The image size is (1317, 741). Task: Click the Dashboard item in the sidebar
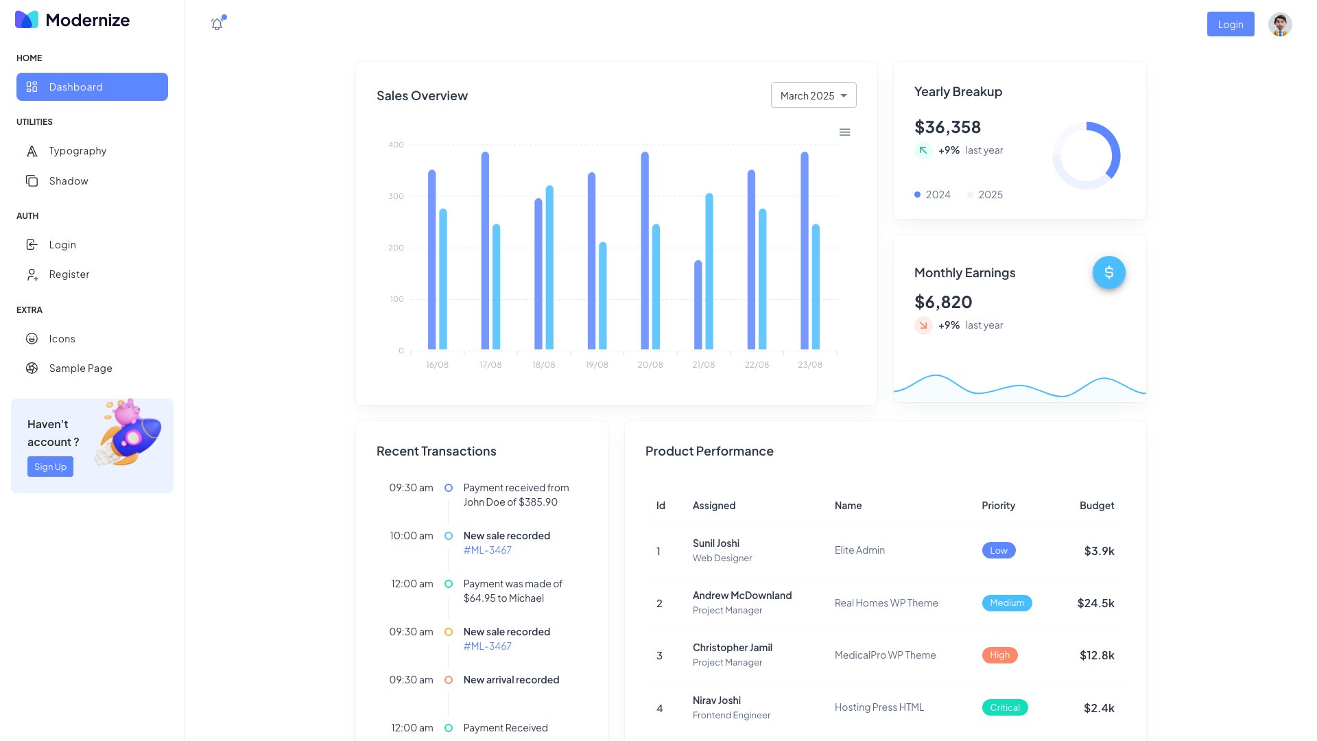(x=92, y=87)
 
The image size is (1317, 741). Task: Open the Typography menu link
(x=78, y=151)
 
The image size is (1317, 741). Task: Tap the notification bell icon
(x=217, y=25)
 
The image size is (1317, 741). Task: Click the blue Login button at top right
(x=1230, y=25)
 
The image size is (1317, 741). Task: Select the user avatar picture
(x=1279, y=25)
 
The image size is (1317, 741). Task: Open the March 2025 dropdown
(x=813, y=95)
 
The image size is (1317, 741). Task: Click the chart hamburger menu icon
(x=844, y=132)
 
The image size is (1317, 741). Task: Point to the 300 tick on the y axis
(x=396, y=196)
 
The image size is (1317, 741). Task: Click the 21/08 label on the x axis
(x=703, y=365)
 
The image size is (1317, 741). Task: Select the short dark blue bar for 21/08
(x=698, y=305)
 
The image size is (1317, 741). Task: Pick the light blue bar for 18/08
(x=549, y=268)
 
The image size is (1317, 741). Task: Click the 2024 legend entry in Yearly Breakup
(x=932, y=195)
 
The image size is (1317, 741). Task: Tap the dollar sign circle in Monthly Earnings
(x=1108, y=273)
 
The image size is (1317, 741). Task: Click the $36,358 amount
(x=947, y=128)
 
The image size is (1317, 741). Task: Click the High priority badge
(x=999, y=655)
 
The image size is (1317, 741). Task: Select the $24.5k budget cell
(x=1095, y=603)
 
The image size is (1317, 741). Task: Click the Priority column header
(x=998, y=506)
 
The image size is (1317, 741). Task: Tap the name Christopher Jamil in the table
(x=732, y=648)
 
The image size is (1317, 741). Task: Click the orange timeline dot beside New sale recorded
(x=448, y=632)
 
